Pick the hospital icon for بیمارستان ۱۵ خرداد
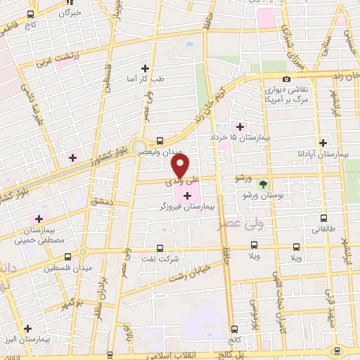[x=240, y=127]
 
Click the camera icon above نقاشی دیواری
[x=286, y=79]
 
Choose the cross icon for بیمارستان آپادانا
[x=322, y=142]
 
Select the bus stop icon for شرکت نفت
[x=160, y=248]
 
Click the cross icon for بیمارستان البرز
[x=27, y=328]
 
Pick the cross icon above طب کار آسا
[x=146, y=68]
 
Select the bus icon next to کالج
[x=234, y=328]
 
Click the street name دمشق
[x=102, y=202]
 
